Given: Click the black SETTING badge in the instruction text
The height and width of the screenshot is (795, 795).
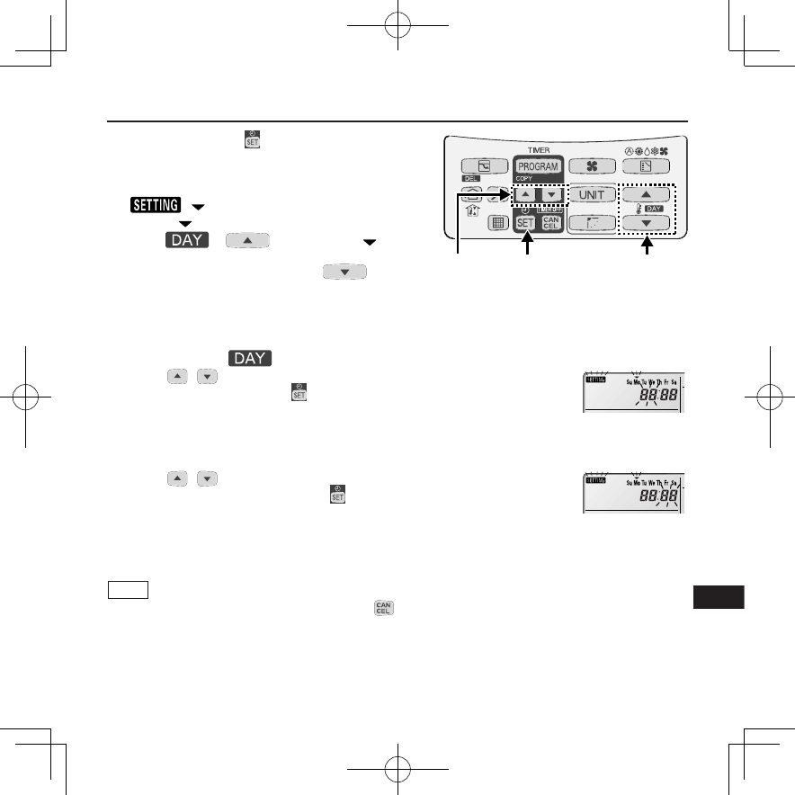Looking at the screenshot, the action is tap(154, 206).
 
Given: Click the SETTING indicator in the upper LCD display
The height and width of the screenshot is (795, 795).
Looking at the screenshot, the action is tap(596, 380).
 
